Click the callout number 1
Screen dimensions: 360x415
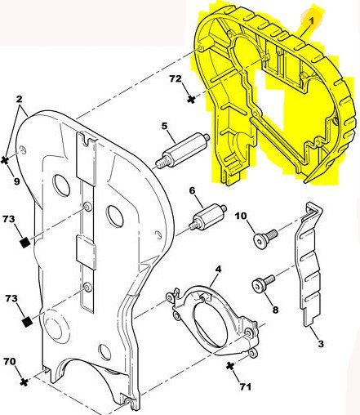pos(311,21)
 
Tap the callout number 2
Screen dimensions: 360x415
pos(19,99)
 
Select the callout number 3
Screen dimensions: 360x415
pos(321,344)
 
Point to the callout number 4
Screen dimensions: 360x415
pos(218,270)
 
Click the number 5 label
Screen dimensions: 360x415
pos(164,126)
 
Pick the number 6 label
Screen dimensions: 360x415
pos(193,190)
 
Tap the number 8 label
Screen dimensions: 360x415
pos(275,310)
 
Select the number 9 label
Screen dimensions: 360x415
pos(16,181)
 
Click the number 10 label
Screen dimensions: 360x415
pos(241,216)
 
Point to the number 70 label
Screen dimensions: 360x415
pos(10,361)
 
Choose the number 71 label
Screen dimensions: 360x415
pos(245,386)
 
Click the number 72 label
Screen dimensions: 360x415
pos(176,78)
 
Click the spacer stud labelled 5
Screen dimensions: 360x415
pos(182,151)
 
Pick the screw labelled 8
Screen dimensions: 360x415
pos(264,283)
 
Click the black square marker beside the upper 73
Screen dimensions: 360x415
pos(25,242)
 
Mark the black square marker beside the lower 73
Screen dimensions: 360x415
pos(27,322)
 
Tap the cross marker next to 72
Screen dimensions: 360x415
pos(192,99)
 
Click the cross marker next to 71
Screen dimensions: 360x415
pos(230,366)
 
